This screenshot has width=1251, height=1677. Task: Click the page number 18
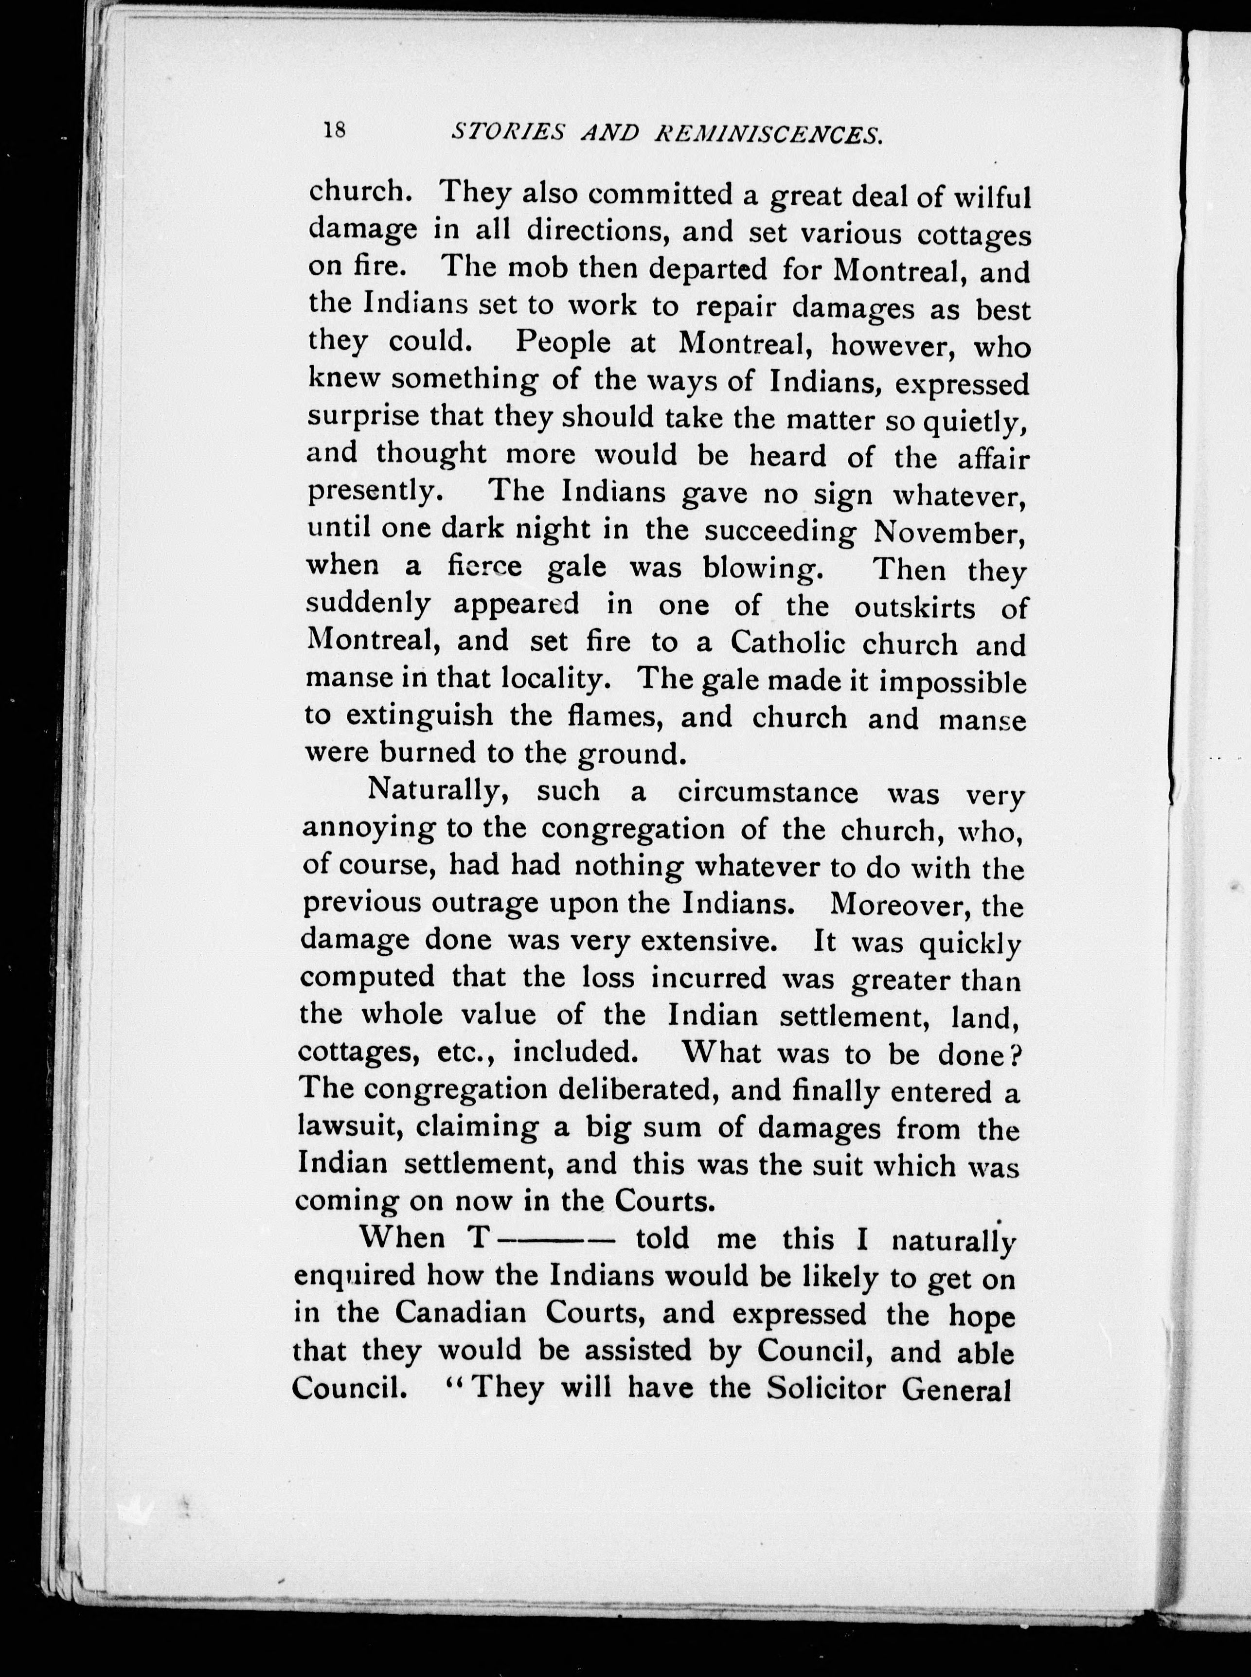[x=334, y=130]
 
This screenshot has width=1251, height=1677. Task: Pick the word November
[x=949, y=532]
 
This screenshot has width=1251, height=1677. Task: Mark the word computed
[x=367, y=977]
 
